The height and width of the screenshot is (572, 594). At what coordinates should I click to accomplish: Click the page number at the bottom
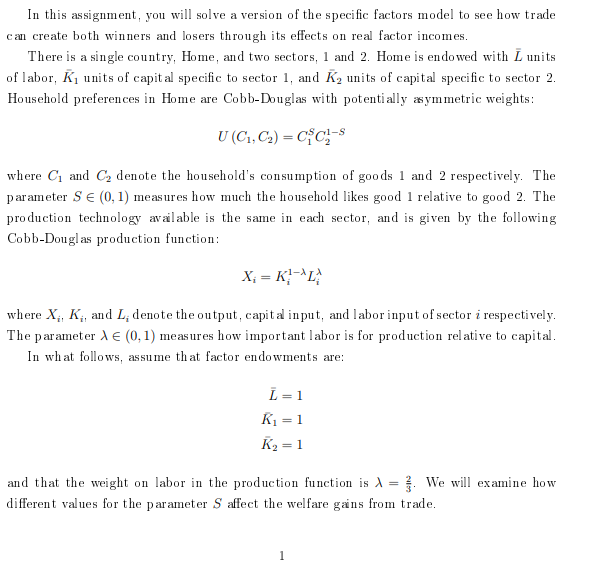pyautogui.click(x=282, y=555)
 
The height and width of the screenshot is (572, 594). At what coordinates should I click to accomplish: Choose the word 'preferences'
pyautogui.click(x=116, y=99)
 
